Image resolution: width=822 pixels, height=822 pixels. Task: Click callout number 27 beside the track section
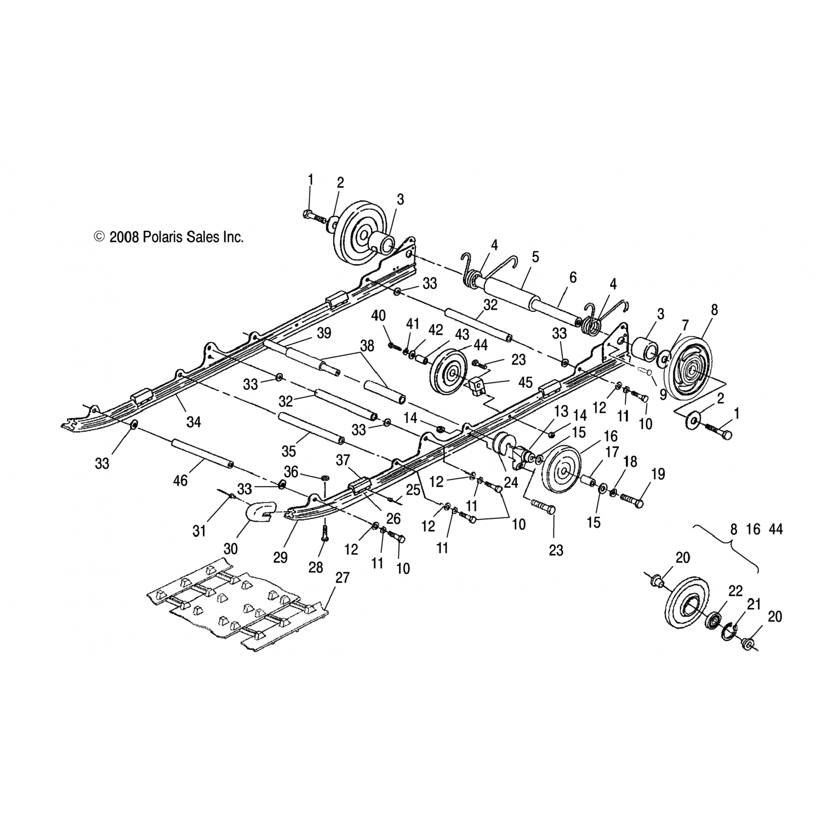click(x=342, y=578)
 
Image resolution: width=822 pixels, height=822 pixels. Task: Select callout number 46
click(x=180, y=481)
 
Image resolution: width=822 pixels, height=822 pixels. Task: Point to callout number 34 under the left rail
click(x=193, y=421)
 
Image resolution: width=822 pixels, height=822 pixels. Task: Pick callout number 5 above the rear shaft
click(x=535, y=257)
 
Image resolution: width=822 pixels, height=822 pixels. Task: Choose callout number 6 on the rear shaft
click(x=573, y=278)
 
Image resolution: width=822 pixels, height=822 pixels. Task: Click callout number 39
click(x=324, y=333)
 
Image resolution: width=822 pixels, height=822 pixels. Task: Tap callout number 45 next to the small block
click(x=525, y=383)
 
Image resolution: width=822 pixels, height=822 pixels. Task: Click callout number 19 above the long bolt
click(x=658, y=475)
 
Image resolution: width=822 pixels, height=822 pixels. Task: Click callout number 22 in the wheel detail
click(x=735, y=591)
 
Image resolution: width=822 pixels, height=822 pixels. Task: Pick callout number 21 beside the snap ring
click(x=754, y=604)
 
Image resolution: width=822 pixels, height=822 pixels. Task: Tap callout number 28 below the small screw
click(x=316, y=567)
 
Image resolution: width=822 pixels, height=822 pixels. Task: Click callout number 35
click(x=288, y=451)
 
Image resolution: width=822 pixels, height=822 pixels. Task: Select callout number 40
click(x=378, y=316)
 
